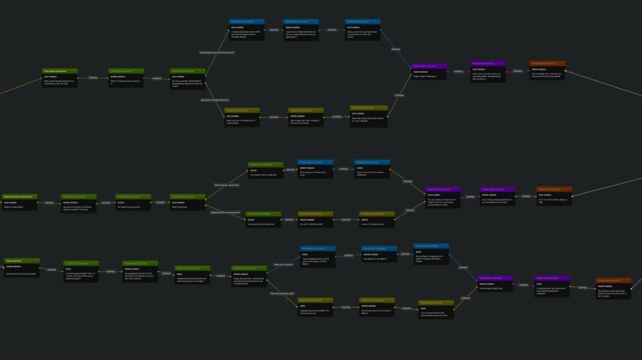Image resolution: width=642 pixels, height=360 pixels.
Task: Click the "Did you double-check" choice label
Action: [x=217, y=52]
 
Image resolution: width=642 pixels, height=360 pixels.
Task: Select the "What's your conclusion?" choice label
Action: [x=281, y=265]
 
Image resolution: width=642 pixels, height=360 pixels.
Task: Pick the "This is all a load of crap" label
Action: [x=282, y=294]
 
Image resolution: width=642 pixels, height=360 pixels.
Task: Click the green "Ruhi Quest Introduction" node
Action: [x=60, y=78]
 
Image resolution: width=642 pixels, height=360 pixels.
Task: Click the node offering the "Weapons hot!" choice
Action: [x=187, y=204]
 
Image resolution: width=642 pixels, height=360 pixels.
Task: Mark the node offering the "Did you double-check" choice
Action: [x=187, y=79]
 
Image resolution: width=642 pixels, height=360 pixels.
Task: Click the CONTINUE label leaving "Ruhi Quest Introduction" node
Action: [x=93, y=77]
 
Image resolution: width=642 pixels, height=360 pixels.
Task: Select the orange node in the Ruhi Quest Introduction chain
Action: [x=547, y=71]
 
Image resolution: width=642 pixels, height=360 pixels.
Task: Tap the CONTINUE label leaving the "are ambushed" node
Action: [x=49, y=203]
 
